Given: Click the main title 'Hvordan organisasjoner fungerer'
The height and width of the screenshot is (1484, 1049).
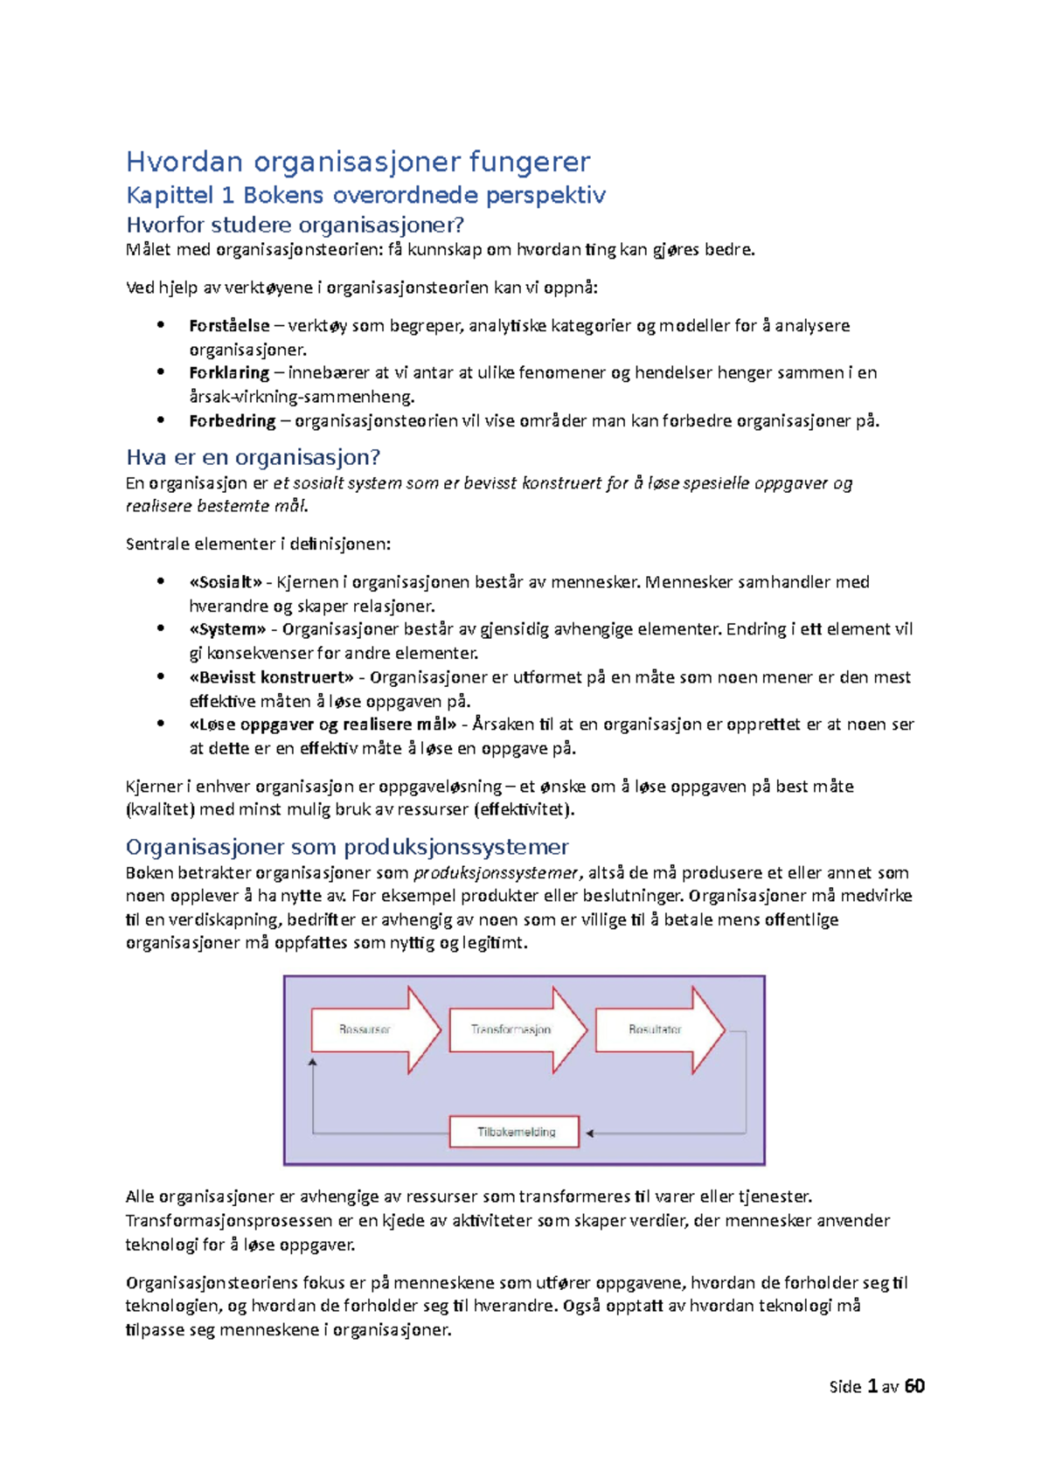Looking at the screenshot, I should [358, 163].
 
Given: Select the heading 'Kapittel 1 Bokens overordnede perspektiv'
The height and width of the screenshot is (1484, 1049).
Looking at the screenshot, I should [365, 196].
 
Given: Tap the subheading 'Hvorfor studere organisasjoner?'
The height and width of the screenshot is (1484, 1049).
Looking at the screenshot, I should [295, 225].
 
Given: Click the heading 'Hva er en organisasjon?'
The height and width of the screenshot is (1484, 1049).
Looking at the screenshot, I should [253, 458].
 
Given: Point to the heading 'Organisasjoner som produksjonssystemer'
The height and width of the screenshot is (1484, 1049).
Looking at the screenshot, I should [347, 847].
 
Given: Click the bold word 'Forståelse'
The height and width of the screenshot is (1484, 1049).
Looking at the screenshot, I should [229, 326].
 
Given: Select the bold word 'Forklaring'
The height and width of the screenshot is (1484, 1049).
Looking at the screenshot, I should [229, 373].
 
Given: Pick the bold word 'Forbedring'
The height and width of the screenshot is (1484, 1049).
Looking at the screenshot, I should [232, 421].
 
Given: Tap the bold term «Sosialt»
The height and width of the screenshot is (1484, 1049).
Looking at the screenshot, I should [225, 582].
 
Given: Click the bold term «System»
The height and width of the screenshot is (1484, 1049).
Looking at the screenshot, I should [227, 629].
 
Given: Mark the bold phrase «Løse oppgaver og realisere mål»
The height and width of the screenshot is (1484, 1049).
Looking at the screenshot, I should [323, 725].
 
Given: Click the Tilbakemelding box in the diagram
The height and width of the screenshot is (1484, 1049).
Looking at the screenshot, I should [515, 1133].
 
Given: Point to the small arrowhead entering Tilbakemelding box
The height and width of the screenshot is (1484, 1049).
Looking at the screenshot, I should [590, 1134].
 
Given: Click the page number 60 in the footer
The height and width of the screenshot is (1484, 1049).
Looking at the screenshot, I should [914, 1387].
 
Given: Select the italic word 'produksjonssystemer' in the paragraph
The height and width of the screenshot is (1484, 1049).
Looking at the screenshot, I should [495, 873].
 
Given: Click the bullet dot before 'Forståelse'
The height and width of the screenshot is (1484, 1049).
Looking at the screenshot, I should [161, 325].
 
